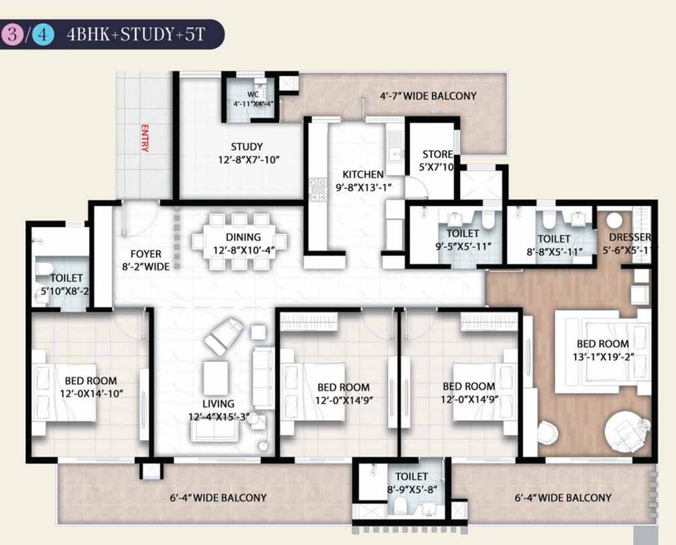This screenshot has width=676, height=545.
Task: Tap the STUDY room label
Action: click(x=246, y=147)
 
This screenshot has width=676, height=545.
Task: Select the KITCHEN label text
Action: click(x=362, y=174)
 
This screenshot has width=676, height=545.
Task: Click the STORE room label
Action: click(x=437, y=154)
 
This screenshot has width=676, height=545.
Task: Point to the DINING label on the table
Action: click(x=243, y=237)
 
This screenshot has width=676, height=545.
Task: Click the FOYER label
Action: click(x=145, y=254)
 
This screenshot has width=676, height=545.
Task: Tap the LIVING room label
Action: click(x=218, y=404)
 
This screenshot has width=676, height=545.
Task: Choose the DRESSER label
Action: click(x=630, y=237)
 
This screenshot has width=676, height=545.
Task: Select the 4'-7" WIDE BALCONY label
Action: click(x=428, y=96)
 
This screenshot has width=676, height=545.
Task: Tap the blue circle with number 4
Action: click(x=42, y=34)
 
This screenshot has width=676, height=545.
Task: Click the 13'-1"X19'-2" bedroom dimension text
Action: click(x=603, y=356)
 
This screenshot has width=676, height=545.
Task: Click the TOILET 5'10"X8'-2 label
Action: click(x=66, y=284)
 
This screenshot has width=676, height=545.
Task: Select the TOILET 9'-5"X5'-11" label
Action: click(x=463, y=239)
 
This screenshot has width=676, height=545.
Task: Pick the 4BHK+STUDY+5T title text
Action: click(x=135, y=34)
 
